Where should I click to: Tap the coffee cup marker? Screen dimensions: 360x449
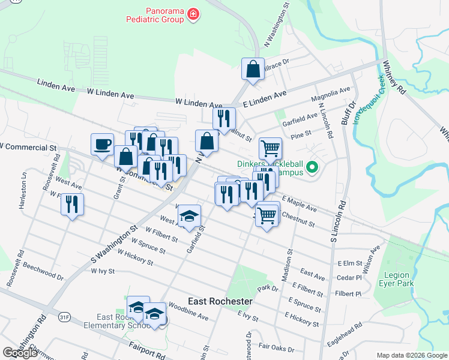pyautogui.click(x=101, y=144)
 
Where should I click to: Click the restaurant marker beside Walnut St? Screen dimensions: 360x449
pyautogui.click(x=224, y=118)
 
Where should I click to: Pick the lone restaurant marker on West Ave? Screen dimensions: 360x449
pyautogui.click(x=72, y=204)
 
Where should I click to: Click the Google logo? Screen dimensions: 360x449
pyautogui.click(x=20, y=352)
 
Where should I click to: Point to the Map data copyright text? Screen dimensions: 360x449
pyautogui.click(x=411, y=355)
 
